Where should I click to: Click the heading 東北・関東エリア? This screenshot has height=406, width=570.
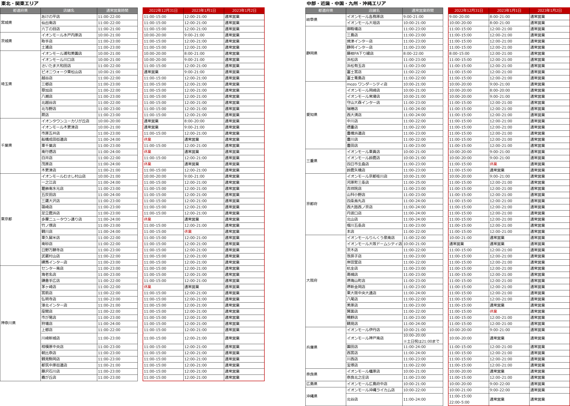coord(20,3)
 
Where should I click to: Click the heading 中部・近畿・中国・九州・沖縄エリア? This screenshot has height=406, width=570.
coord(346,3)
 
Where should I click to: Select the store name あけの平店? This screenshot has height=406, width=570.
coord(51,16)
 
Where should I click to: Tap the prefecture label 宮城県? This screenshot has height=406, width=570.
coord(6,23)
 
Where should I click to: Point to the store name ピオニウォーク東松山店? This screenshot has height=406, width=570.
coord(62,72)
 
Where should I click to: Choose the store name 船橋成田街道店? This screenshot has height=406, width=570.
coord(54,139)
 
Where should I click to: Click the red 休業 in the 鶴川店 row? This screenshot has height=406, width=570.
coord(188,232)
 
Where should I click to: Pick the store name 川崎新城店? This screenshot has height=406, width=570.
coord(51,338)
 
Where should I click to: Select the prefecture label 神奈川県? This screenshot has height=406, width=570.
coord(8,323)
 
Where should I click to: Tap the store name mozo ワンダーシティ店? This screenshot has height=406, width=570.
coord(367,84)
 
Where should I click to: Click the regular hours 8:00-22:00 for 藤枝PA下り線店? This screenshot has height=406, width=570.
coord(413,53)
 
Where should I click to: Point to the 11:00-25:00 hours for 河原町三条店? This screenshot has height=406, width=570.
coord(414,182)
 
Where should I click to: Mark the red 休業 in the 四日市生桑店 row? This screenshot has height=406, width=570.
coord(493,164)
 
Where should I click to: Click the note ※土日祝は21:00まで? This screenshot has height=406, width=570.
coord(421,341)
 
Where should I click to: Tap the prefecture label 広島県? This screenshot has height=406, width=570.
coord(312,384)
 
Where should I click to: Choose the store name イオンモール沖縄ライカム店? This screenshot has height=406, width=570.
coord(371,390)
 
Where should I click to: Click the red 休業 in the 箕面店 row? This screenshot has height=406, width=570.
coord(493,311)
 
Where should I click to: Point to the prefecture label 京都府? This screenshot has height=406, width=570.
coord(312,204)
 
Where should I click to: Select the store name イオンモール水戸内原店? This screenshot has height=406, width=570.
coord(62,35)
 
